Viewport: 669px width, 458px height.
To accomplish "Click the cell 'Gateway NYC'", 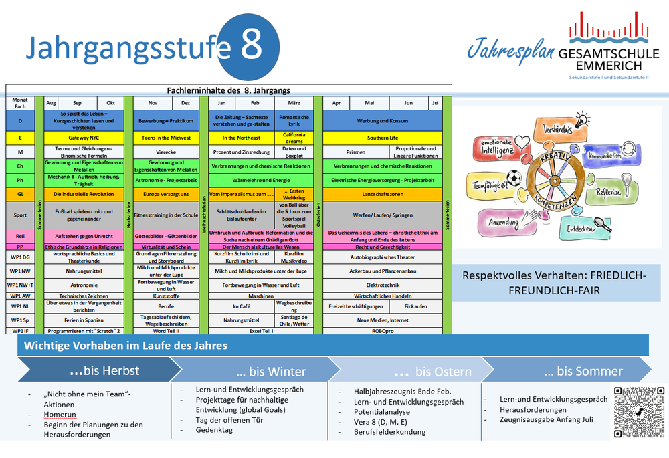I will point(84,138).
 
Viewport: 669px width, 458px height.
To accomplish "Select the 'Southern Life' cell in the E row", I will point(383,138).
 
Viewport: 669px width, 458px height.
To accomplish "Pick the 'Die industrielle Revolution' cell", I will point(84,194).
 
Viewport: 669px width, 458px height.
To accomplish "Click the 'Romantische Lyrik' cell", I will point(294,120).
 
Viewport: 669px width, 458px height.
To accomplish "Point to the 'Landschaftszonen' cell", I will point(383,194).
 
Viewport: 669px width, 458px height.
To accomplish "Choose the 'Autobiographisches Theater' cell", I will point(383,257).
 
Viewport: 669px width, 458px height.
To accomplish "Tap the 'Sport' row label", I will point(21,215).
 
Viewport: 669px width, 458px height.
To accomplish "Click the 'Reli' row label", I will point(21,236).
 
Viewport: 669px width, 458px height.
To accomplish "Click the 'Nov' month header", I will point(153,103).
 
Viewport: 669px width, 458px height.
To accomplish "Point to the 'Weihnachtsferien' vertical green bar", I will point(203,214).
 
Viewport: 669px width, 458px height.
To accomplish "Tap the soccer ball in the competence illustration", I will point(514,179).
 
